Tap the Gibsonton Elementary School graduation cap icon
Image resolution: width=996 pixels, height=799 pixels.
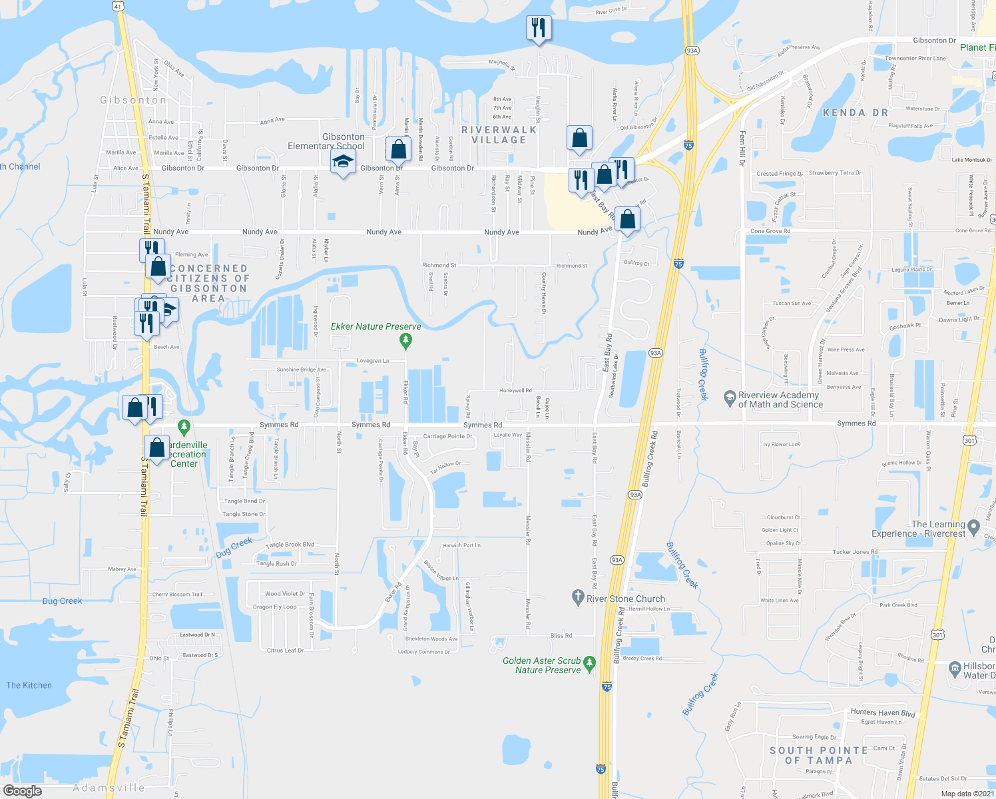(343, 162)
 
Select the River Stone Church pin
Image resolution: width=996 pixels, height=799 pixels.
(578, 597)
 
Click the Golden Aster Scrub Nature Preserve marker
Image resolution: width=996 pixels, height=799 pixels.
(589, 664)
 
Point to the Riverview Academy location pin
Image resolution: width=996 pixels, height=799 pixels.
(730, 397)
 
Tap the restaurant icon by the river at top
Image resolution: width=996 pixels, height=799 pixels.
(539, 29)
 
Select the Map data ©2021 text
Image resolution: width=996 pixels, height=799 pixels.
(967, 793)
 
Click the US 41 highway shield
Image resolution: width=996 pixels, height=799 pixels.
(117, 5)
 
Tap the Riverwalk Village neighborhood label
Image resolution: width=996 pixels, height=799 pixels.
(499, 134)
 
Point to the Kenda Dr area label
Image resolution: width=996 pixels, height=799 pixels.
(855, 113)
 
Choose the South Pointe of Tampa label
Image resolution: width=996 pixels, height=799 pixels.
(818, 755)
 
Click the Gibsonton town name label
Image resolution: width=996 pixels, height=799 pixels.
(133, 100)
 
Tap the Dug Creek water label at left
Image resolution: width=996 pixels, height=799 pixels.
(62, 601)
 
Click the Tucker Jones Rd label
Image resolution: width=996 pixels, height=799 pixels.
(855, 552)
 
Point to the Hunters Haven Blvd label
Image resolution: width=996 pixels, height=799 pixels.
(883, 713)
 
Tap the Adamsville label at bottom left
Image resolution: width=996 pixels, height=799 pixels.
(109, 788)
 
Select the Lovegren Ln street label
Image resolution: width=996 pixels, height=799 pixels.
(373, 360)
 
